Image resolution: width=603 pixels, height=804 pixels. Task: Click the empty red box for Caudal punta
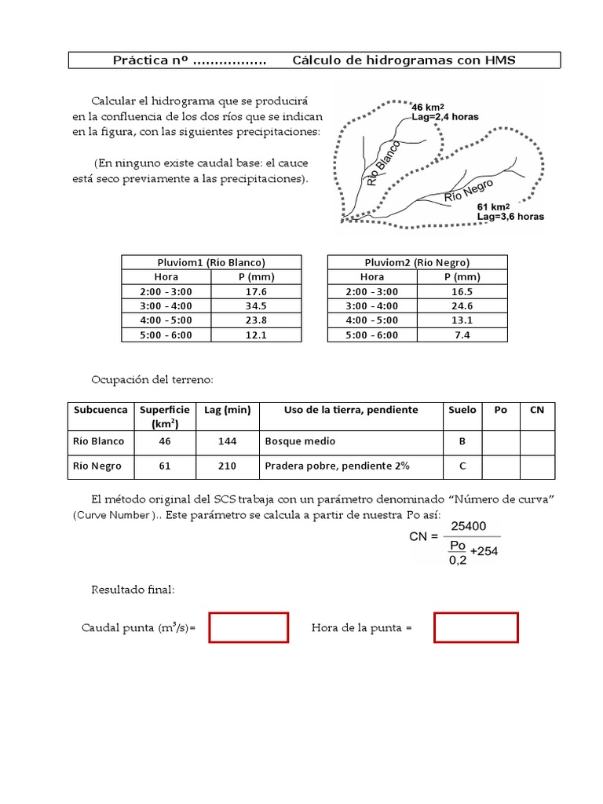click(x=248, y=628)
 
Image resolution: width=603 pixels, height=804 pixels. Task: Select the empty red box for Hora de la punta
click(x=476, y=628)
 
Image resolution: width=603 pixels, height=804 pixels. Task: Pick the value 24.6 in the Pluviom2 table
click(x=462, y=305)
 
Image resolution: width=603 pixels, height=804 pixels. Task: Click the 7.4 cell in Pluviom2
click(x=462, y=334)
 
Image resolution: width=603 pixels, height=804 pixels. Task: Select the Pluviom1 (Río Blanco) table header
click(x=211, y=262)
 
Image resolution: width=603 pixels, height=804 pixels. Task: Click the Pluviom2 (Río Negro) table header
click(x=417, y=262)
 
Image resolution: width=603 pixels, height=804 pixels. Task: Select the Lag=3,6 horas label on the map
click(x=510, y=217)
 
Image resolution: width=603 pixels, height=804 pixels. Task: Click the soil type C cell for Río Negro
click(x=462, y=466)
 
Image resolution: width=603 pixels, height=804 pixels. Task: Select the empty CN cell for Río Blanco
click(x=537, y=441)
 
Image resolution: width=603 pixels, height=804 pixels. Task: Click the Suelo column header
click(x=462, y=410)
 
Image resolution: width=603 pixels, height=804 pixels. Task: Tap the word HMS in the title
click(x=500, y=60)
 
